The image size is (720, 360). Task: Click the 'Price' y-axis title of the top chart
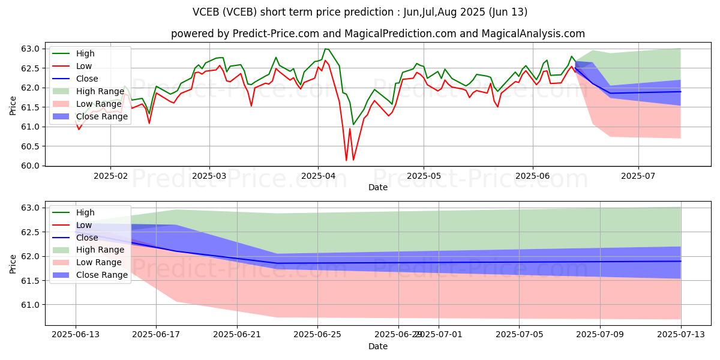coord(13,107)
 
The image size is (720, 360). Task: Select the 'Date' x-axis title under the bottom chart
coord(377,346)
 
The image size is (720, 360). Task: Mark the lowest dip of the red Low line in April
coord(346,160)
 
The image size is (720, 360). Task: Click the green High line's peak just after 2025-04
coord(325,49)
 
